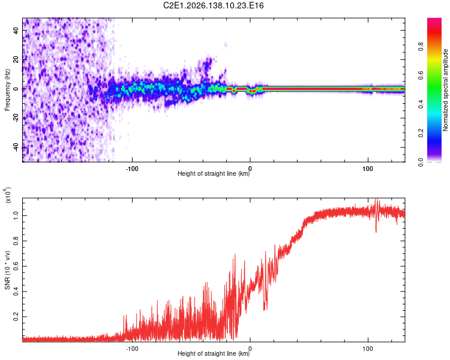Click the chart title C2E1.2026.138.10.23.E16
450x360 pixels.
click(x=213, y=5)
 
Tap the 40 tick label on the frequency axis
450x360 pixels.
click(x=16, y=31)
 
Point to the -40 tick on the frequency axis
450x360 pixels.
click(x=16, y=147)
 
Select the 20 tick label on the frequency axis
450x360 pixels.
click(x=16, y=60)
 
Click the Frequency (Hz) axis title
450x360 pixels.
click(x=7, y=90)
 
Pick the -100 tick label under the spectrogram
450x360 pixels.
click(x=132, y=169)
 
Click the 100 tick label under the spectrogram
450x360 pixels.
click(x=368, y=169)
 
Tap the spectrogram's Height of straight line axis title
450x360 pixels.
click(x=214, y=173)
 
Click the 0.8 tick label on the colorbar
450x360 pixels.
click(x=421, y=46)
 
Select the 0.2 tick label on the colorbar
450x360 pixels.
click(x=421, y=133)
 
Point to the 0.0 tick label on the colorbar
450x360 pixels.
click(x=421, y=162)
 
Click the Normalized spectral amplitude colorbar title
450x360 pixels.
click(x=445, y=90)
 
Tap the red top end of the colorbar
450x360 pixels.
click(x=434, y=19)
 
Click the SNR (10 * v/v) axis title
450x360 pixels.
click(x=7, y=270)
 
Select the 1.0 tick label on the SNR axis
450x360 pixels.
click(x=16, y=215)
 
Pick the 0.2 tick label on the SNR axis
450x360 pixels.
click(x=16, y=317)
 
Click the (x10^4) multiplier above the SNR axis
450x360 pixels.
click(x=8, y=195)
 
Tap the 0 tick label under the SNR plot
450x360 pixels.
click(x=250, y=349)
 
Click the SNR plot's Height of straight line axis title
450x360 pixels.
click(x=214, y=353)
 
